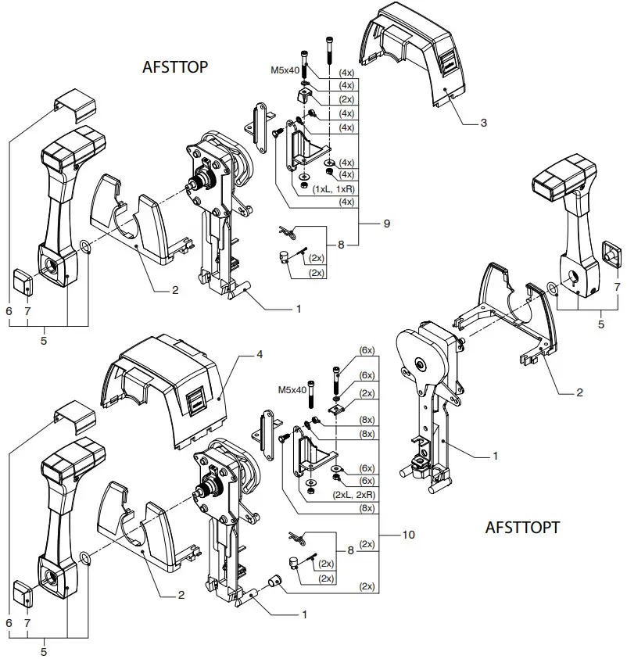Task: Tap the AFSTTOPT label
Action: [x=522, y=527]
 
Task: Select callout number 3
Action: [x=484, y=124]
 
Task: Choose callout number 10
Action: [x=407, y=535]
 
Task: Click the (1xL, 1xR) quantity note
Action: [x=335, y=190]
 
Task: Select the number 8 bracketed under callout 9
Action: [x=341, y=244]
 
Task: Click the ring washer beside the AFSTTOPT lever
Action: [x=553, y=288]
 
